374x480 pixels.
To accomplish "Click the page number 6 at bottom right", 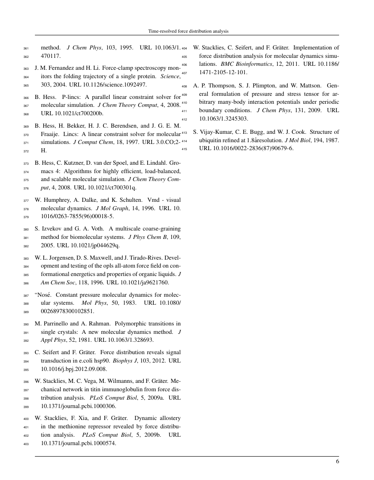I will click(x=337, y=462).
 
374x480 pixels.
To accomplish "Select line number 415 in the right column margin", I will click(x=185, y=149).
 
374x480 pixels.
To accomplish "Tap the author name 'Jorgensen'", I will click(x=59, y=257).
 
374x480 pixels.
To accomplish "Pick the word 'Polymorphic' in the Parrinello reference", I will click(x=119, y=324).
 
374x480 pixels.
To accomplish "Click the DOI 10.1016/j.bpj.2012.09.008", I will click(x=74, y=369).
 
